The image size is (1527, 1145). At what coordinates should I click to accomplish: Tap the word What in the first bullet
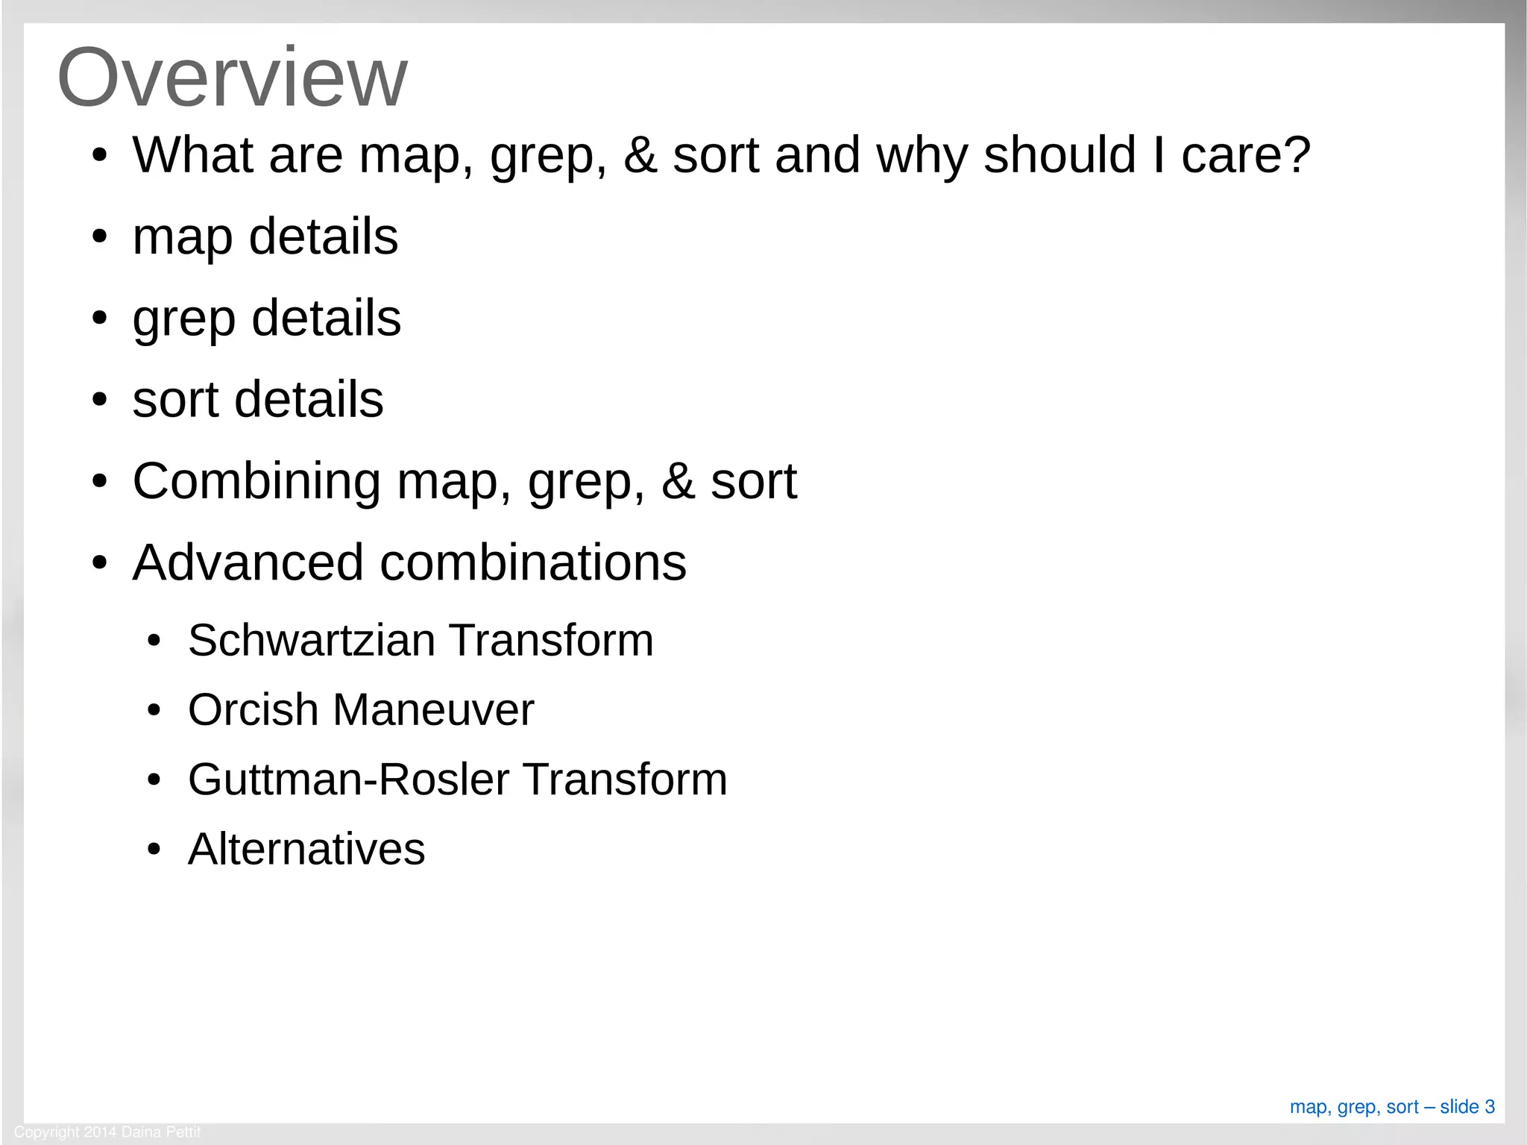pyautogui.click(x=193, y=155)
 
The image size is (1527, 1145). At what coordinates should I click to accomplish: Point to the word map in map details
pyautogui.click(x=182, y=237)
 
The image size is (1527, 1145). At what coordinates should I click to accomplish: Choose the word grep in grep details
pyautogui.click(x=183, y=319)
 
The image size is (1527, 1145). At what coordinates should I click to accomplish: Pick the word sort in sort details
pyautogui.click(x=175, y=400)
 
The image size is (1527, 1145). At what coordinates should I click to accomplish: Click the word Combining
pyautogui.click(x=256, y=482)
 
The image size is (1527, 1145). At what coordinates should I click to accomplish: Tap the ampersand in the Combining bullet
pyautogui.click(x=678, y=482)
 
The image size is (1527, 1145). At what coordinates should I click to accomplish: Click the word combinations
pyautogui.click(x=533, y=562)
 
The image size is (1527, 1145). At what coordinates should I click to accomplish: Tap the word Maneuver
pyautogui.click(x=433, y=709)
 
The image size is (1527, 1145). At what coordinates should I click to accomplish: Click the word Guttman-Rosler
pyautogui.click(x=349, y=779)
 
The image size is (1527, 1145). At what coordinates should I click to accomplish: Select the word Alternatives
pyautogui.click(x=306, y=849)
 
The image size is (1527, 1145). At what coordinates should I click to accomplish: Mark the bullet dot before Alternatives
pyautogui.click(x=154, y=850)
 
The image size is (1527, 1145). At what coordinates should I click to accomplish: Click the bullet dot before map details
pyautogui.click(x=100, y=238)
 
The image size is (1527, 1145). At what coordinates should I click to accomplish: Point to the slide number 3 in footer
pyautogui.click(x=1489, y=1107)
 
